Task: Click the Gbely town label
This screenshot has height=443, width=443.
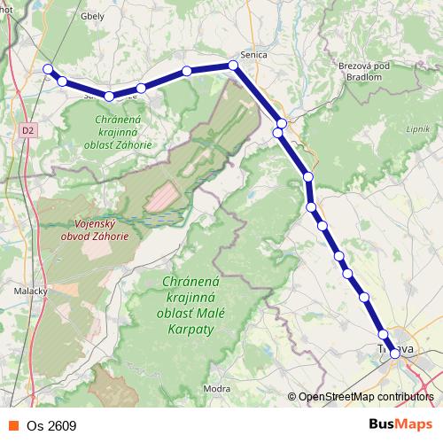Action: (x=67, y=16)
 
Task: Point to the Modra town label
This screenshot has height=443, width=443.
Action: (x=216, y=388)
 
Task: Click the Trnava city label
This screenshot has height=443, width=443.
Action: (x=396, y=348)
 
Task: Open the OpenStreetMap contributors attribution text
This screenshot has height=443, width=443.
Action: (x=365, y=398)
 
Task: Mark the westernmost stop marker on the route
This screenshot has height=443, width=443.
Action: (x=49, y=69)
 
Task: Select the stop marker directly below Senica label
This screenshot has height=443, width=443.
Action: (x=233, y=65)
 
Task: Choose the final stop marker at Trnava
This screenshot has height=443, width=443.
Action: (x=395, y=353)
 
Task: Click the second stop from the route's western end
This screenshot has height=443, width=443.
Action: (x=63, y=81)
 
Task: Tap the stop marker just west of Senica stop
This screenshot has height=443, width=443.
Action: (x=187, y=71)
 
